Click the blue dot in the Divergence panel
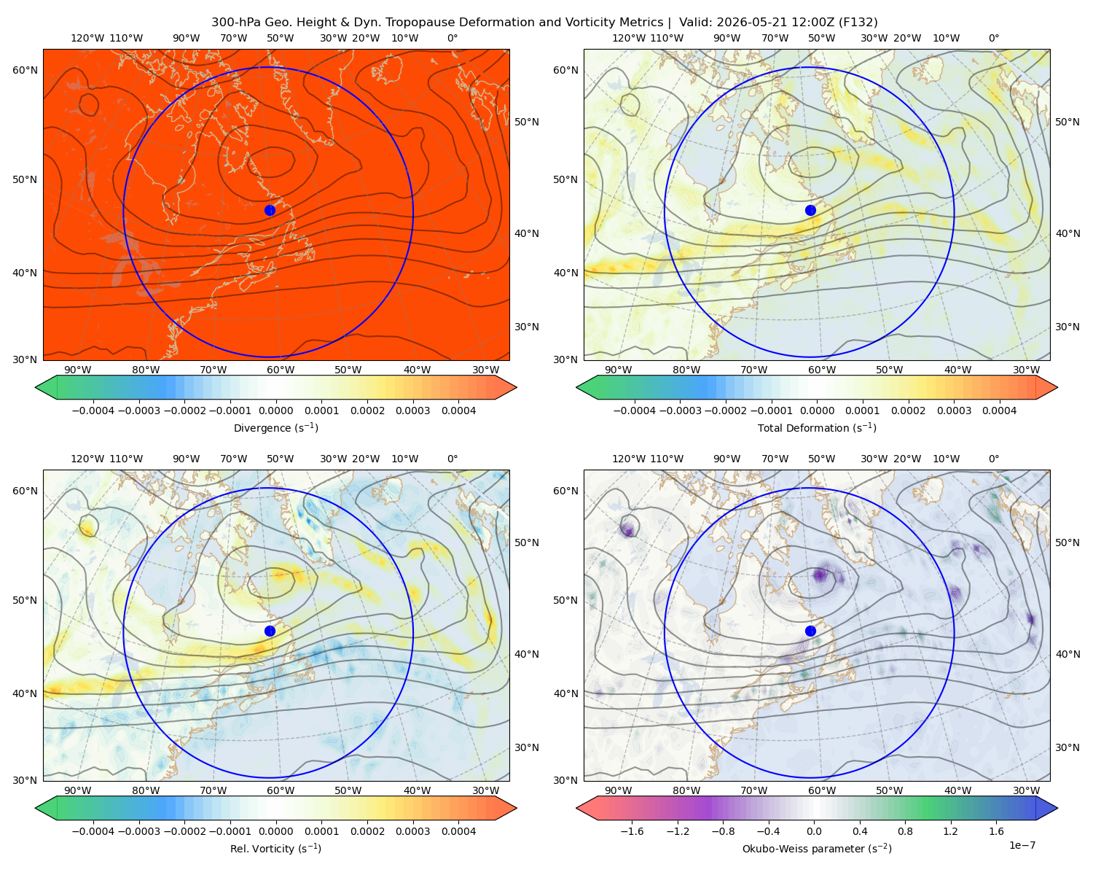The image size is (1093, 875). pyautogui.click(x=270, y=210)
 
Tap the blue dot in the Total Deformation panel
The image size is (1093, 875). pyautogui.click(x=810, y=210)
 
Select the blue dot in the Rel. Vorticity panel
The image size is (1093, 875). pyautogui.click(x=270, y=631)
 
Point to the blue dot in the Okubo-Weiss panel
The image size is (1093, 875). pyautogui.click(x=810, y=631)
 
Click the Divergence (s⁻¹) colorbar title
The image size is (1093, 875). pyautogui.click(x=275, y=427)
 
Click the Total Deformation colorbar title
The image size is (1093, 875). pyautogui.click(x=817, y=427)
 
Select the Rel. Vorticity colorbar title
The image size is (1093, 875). pyautogui.click(x=275, y=849)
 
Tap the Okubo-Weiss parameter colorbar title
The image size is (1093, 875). pyautogui.click(x=817, y=849)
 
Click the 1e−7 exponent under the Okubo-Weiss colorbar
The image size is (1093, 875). pyautogui.click(x=1022, y=845)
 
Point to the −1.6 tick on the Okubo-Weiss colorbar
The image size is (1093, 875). pyautogui.click(x=632, y=831)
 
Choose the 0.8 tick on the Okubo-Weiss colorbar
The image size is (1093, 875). pyautogui.click(x=905, y=831)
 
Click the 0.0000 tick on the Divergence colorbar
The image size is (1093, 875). pyautogui.click(x=275, y=411)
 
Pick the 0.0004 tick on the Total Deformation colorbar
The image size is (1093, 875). pyautogui.click(x=1000, y=411)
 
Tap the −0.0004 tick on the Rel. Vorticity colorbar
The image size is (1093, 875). pyautogui.click(x=93, y=831)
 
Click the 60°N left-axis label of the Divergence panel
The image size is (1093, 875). pyautogui.click(x=25, y=70)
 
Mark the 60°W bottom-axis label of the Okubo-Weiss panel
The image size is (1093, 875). pyautogui.click(x=822, y=790)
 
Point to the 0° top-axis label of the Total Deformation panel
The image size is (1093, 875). pyautogui.click(x=993, y=38)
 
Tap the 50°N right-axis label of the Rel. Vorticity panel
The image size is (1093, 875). pyautogui.click(x=527, y=542)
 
